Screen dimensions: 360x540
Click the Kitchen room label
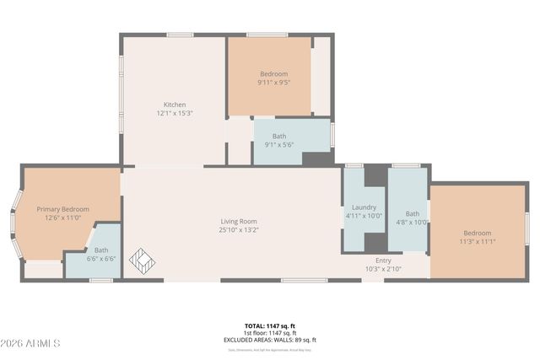pos(175,105)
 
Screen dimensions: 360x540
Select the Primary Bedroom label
pos(62,209)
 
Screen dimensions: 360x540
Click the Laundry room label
pos(364,207)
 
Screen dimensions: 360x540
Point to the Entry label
pos(383,261)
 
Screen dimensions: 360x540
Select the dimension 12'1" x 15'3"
pos(175,113)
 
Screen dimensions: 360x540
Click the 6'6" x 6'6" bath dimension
pos(100,259)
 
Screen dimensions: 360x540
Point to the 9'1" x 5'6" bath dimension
pos(278,144)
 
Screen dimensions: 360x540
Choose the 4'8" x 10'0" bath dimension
pos(412,223)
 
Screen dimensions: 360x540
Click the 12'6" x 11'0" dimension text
pos(62,218)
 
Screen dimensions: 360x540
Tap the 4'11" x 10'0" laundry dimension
pos(364,216)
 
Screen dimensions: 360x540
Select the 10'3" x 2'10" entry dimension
pos(383,269)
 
